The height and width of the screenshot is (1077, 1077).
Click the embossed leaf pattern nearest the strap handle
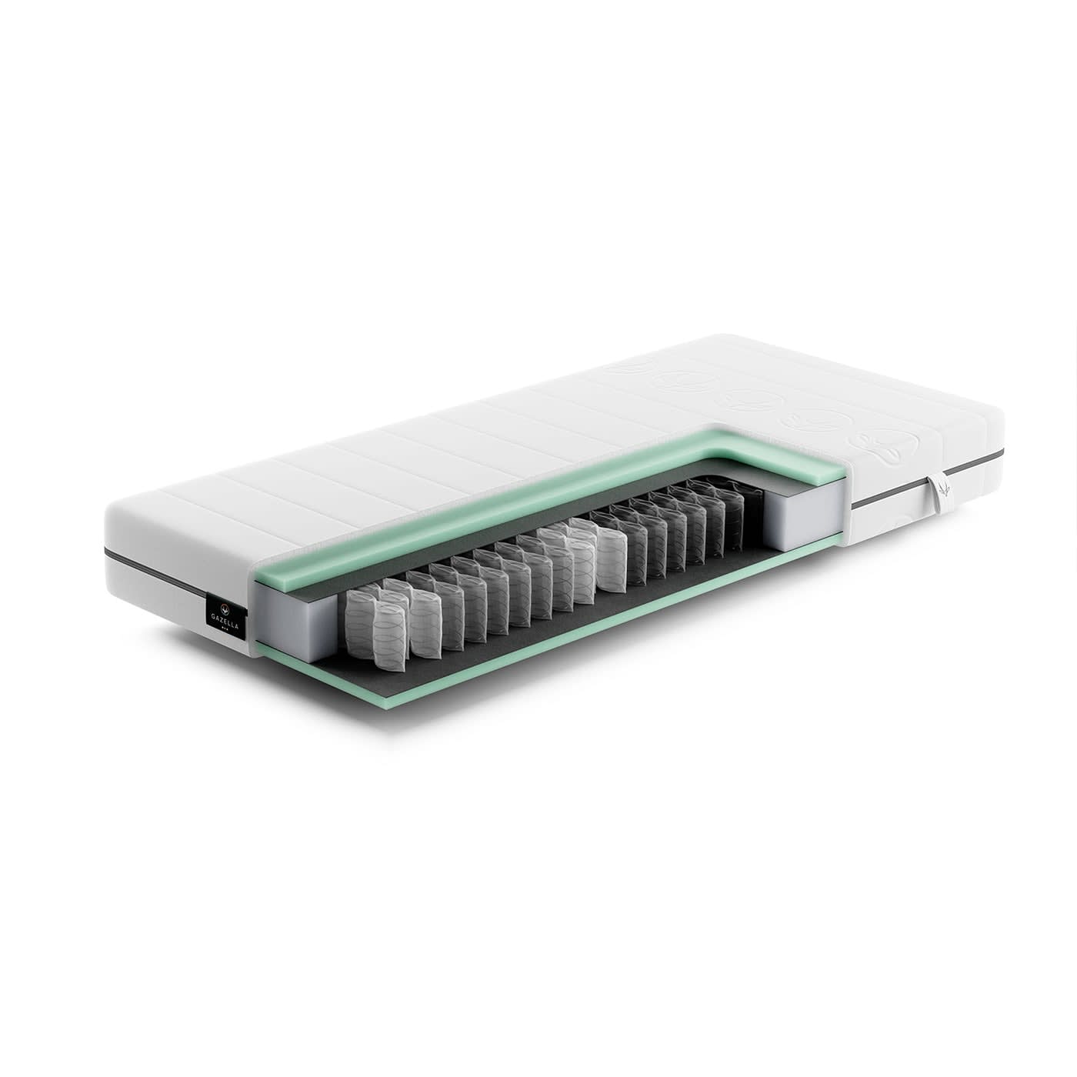pos(879,447)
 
